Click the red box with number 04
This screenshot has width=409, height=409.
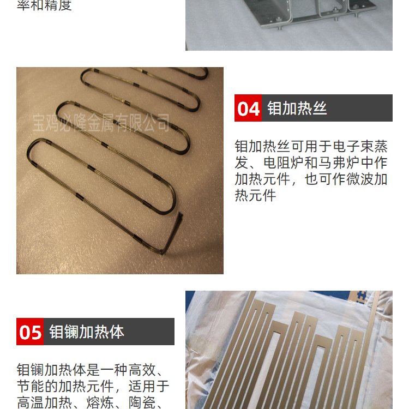248,108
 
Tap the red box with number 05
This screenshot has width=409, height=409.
30,332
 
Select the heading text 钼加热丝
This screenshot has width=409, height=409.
297,108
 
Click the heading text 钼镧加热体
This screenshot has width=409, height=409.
87,332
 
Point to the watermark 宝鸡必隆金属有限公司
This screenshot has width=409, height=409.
101,122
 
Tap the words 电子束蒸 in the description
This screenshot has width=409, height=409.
360,146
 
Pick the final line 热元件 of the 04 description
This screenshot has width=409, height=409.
255,196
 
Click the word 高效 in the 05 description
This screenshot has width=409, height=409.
142,370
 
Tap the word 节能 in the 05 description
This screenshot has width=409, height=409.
31,386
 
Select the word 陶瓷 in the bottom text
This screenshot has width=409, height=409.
142,402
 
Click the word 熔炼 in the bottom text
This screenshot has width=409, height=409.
100,402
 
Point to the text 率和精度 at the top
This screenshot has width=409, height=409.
44,5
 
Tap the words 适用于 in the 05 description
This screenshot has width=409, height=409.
149,386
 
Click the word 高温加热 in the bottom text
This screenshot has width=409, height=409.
44,402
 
